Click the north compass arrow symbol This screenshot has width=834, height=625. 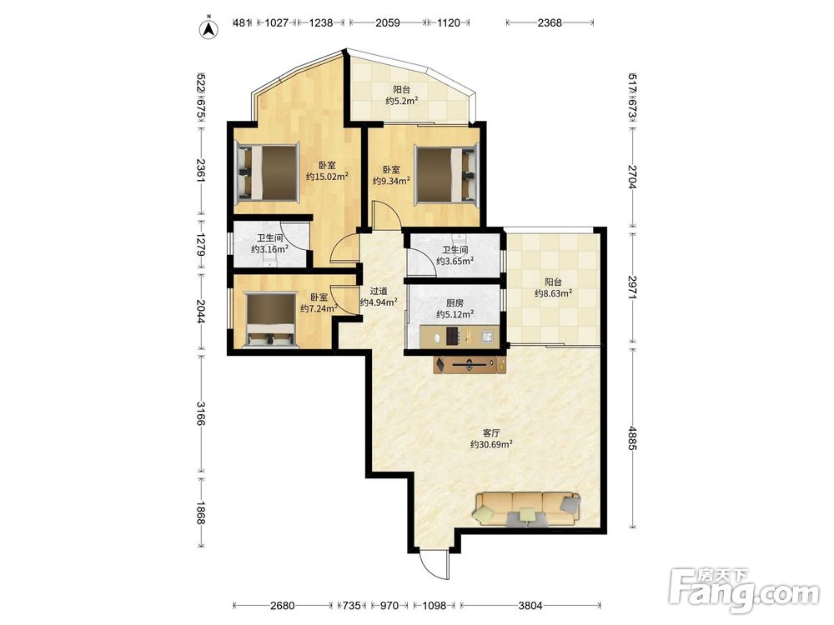[x=209, y=28]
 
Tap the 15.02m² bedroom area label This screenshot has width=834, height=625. [x=327, y=171]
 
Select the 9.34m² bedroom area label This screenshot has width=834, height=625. [x=391, y=175]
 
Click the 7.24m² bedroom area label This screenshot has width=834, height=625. [x=319, y=303]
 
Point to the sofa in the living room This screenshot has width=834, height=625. [x=527, y=509]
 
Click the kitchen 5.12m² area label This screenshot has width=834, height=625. [x=455, y=309]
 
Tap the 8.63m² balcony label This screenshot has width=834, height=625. [x=553, y=287]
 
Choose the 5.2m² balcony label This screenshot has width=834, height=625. [x=402, y=96]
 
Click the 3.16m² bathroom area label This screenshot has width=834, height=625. [x=269, y=244]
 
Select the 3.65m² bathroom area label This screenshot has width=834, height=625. [x=455, y=256]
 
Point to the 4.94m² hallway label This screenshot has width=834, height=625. [x=379, y=297]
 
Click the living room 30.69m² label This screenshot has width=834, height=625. [x=491, y=438]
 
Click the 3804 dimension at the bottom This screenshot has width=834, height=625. [x=530, y=605]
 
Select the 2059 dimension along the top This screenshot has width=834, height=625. [x=388, y=22]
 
